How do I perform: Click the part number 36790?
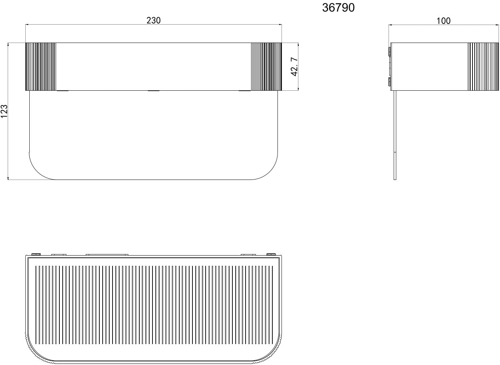[x=338, y=8]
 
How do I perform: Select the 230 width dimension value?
[x=154, y=20]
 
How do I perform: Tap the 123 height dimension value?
[x=4, y=111]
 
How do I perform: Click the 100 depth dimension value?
[x=444, y=21]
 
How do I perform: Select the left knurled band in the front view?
[x=40, y=66]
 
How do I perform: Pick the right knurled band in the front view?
[x=266, y=66]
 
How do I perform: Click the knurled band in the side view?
[x=483, y=66]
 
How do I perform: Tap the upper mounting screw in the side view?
[x=389, y=51]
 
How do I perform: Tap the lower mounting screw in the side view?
[x=389, y=82]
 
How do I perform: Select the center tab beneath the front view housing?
[x=153, y=91]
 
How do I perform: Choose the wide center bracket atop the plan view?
[x=107, y=254]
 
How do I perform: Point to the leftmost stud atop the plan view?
[x=36, y=254]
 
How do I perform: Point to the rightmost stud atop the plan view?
[x=271, y=254]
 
